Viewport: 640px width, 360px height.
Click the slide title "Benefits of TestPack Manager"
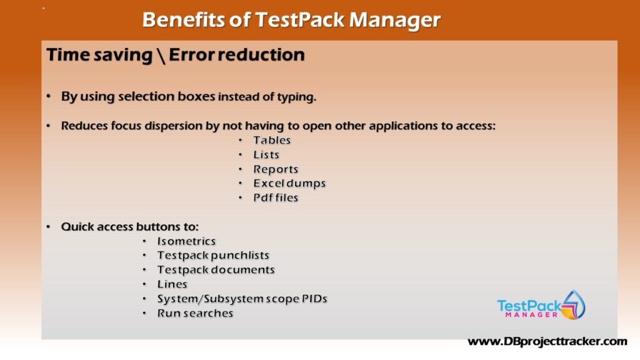(x=291, y=19)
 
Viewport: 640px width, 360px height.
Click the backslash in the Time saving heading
(x=161, y=56)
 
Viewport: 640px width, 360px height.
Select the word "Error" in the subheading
(x=191, y=55)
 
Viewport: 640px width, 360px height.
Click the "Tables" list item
(x=272, y=140)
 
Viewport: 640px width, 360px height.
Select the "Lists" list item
(x=266, y=155)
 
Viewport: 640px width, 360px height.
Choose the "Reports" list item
(x=276, y=169)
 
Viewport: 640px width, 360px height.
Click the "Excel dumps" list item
(x=289, y=183)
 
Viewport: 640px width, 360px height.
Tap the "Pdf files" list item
(x=276, y=197)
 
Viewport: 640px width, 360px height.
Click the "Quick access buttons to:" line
(x=130, y=226)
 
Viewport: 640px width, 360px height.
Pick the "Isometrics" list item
(x=186, y=241)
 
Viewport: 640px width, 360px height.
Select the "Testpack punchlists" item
(x=213, y=255)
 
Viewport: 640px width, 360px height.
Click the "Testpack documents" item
(x=216, y=270)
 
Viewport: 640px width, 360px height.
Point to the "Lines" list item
(x=172, y=284)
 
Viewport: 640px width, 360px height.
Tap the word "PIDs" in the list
(x=314, y=299)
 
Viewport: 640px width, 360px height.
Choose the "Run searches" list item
(x=195, y=313)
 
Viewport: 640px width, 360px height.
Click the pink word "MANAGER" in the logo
(x=531, y=315)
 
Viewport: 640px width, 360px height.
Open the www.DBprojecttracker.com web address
(x=547, y=342)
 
